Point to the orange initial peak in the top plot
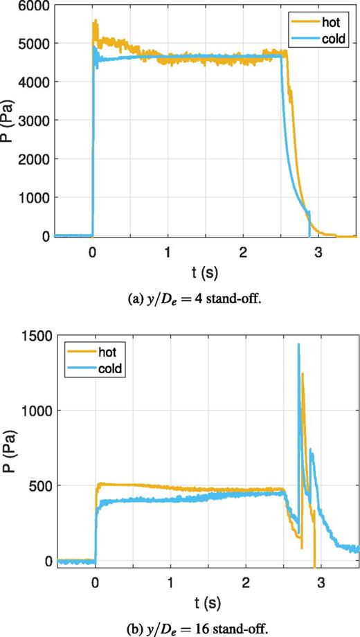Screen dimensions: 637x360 [95, 22]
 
